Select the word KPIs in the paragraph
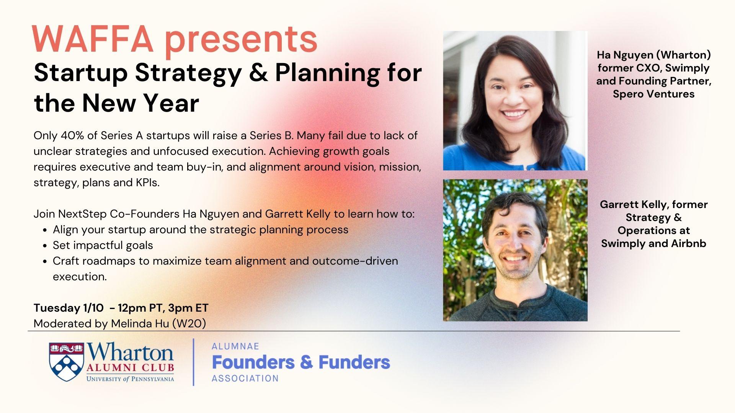[x=147, y=182]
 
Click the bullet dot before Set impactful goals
[x=45, y=246]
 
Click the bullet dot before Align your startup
[x=45, y=230]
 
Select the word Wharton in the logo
[x=130, y=352]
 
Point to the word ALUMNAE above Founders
[x=235, y=346]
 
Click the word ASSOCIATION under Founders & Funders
[x=245, y=379]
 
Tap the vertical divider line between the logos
[x=193, y=362]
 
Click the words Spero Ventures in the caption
[x=653, y=94]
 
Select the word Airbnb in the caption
[x=688, y=244]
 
